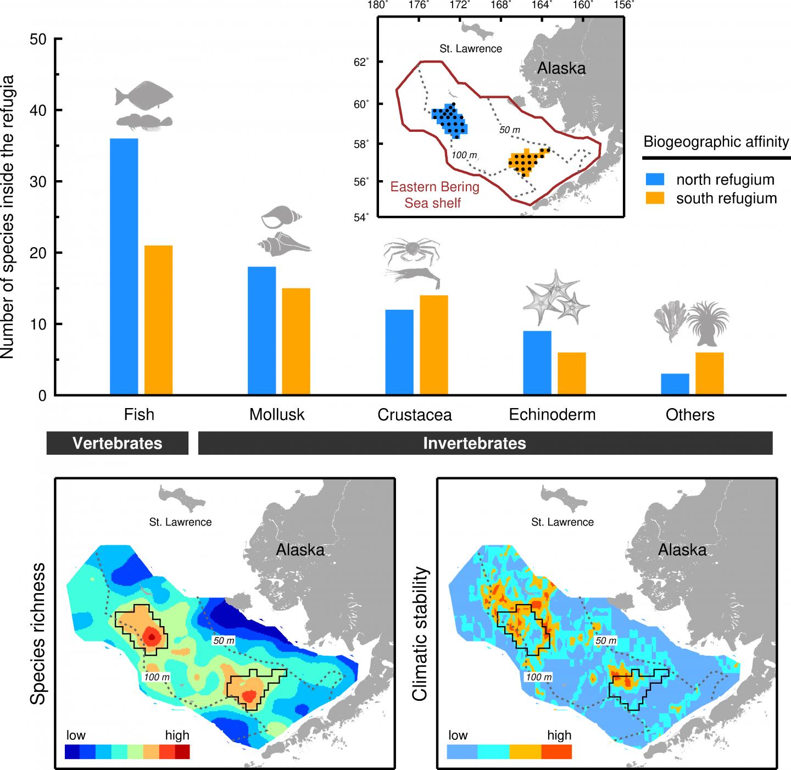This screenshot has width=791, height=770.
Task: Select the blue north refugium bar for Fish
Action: (x=124, y=266)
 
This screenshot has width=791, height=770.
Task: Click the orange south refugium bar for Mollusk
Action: (x=296, y=341)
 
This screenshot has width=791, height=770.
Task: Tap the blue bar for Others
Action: (x=675, y=384)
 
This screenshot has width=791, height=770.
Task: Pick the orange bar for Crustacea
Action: (x=434, y=345)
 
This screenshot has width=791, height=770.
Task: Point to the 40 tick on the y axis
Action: (x=57, y=110)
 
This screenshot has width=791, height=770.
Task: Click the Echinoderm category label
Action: (x=552, y=414)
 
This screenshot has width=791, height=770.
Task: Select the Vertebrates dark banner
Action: (x=118, y=443)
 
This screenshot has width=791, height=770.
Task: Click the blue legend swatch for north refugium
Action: (x=655, y=180)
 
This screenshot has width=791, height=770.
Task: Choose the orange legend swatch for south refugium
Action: (x=655, y=198)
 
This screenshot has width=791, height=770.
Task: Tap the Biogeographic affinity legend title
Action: (x=716, y=142)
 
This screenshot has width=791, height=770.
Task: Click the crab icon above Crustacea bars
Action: (x=411, y=252)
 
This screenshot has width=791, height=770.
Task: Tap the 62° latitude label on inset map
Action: (x=360, y=62)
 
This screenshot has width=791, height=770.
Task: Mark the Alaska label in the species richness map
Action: (x=300, y=550)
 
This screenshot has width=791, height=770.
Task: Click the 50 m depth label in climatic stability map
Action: (x=605, y=640)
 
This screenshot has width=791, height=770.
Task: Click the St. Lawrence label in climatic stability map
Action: (x=562, y=522)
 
